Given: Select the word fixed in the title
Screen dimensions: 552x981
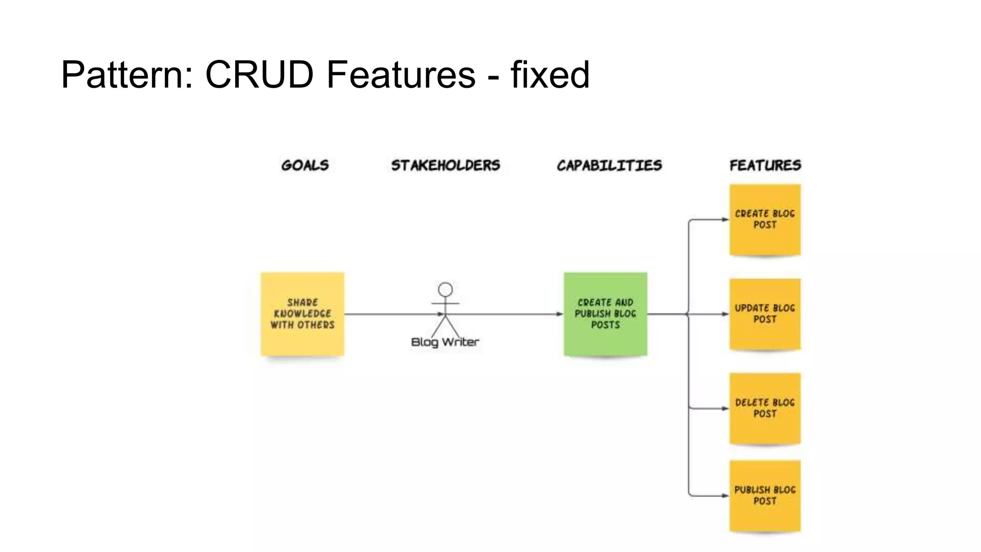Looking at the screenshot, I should [549, 75].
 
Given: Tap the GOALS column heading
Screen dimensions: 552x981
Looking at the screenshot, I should [305, 165].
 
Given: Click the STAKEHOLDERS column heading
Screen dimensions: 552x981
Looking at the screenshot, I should [445, 165].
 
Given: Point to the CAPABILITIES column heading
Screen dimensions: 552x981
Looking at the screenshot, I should [609, 165].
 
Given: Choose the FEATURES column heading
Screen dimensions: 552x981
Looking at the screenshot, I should [765, 165].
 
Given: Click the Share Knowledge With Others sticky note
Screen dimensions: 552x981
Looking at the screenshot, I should [302, 314].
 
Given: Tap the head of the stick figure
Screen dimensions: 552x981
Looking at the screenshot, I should [445, 289].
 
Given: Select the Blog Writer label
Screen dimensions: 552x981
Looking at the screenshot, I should [445, 342].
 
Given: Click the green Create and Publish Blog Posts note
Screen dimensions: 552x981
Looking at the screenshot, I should [605, 314].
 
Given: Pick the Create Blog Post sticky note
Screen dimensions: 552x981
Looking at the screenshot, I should [765, 219].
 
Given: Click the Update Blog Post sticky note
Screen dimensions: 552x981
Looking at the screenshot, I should [765, 314].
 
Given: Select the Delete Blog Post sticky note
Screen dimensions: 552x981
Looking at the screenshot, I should [765, 408].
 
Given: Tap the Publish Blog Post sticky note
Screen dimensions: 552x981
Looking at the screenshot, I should [765, 495].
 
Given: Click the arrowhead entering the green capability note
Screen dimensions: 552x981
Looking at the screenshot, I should [559, 314].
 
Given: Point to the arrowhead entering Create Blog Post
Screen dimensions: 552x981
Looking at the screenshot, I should [725, 219].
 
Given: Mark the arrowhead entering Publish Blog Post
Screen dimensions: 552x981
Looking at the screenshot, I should [725, 495].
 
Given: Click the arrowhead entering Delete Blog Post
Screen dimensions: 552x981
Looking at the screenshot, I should [725, 408].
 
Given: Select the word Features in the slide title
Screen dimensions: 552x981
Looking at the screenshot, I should [401, 75].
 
